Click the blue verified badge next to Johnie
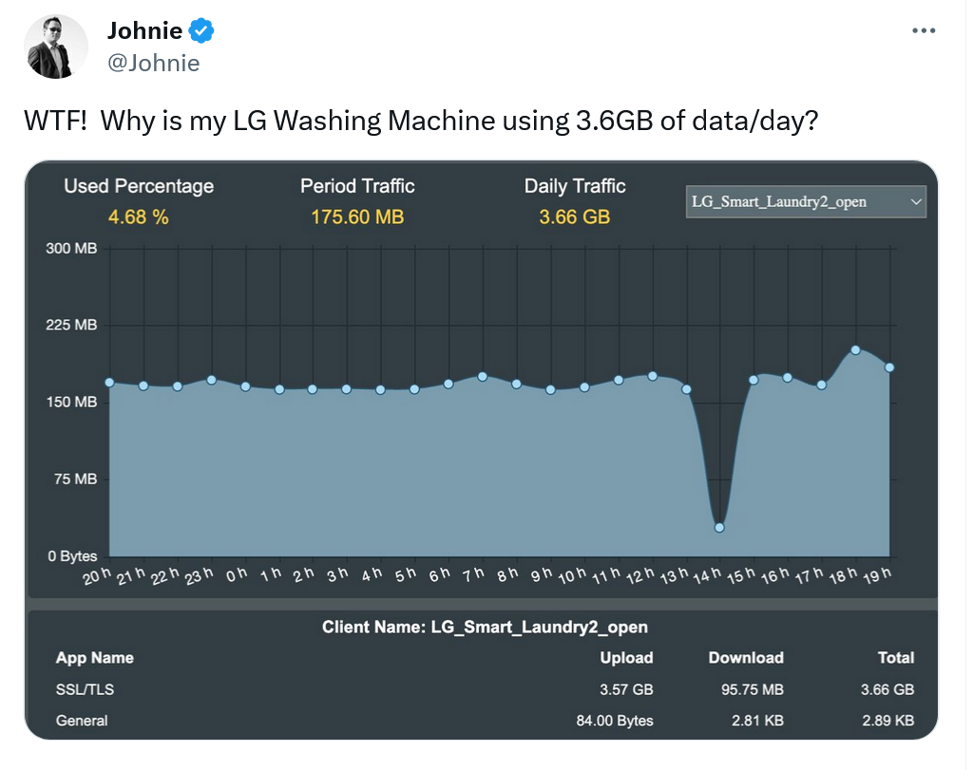coord(200,31)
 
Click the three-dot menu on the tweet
coord(924,31)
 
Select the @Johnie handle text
coord(153,63)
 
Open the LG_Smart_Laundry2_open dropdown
coord(805,201)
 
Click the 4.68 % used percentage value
coord(139,216)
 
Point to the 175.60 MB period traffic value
coord(357,216)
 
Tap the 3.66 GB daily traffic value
coord(574,216)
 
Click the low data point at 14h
coord(719,527)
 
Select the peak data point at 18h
coord(855,350)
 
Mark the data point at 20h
coord(109,383)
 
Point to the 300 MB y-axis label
coord(73,248)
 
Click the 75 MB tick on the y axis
coord(75,479)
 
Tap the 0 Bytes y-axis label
coord(73,556)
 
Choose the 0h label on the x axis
coord(237,573)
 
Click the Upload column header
coord(626,658)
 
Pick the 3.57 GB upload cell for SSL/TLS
coord(626,689)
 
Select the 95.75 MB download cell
coord(746,689)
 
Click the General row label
coord(82,721)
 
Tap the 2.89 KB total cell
coord(887,721)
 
